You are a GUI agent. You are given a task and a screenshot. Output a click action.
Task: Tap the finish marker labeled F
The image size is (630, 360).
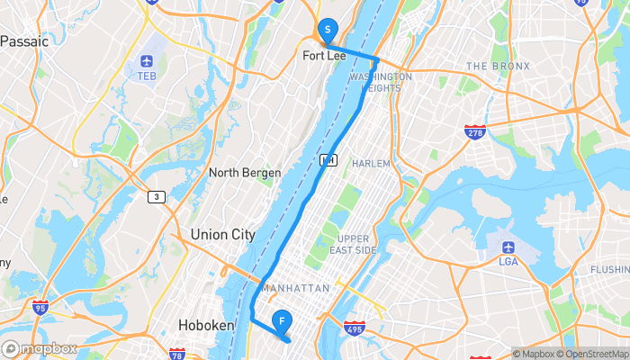point(283,320)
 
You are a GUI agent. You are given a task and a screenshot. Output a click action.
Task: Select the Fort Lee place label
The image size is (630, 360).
point(324,56)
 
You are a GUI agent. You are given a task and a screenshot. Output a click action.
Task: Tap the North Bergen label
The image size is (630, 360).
point(245,173)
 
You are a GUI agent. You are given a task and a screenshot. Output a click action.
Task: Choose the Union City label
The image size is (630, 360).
point(222,235)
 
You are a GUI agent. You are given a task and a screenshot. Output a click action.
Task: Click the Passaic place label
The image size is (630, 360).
point(24,41)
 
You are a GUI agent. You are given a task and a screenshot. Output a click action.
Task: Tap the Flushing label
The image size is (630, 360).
point(610,269)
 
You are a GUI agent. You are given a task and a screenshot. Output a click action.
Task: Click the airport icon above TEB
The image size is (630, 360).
point(148,61)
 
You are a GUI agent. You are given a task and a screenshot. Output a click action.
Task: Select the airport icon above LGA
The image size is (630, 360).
point(508,247)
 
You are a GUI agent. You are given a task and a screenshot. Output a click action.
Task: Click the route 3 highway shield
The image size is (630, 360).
point(157,196)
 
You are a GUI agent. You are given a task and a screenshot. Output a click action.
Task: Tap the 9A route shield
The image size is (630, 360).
point(328,159)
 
